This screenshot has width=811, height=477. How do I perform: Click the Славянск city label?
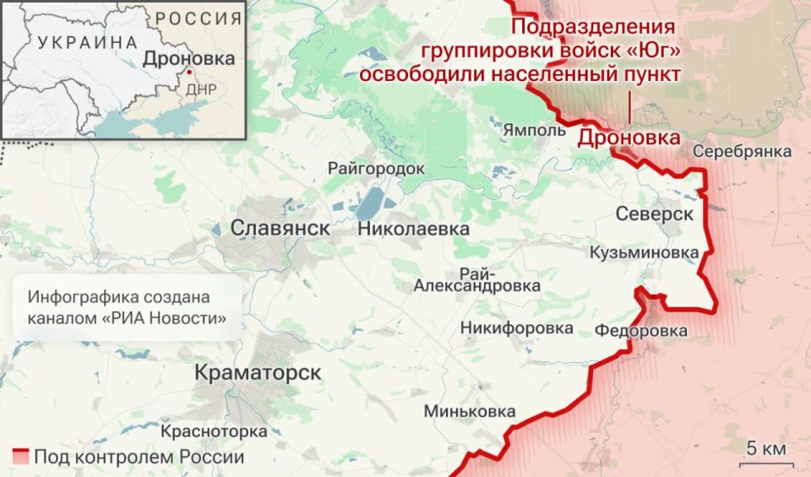point(280,227)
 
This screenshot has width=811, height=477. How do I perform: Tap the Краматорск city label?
point(259,372)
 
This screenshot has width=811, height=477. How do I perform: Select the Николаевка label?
point(413,228)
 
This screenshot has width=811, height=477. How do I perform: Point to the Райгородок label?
point(376,169)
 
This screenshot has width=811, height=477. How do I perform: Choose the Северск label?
point(654,214)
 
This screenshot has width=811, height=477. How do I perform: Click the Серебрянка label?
point(743,151)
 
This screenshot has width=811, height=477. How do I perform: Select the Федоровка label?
point(641,331)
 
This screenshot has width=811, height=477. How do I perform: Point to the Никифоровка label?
point(517,328)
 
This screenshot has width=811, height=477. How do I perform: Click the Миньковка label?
point(470,411)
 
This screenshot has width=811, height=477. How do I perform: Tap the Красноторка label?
point(214,431)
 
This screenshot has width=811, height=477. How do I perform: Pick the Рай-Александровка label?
point(477,279)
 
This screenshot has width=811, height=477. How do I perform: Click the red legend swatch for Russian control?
point(21,458)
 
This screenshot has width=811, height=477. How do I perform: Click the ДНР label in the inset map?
point(200,88)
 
